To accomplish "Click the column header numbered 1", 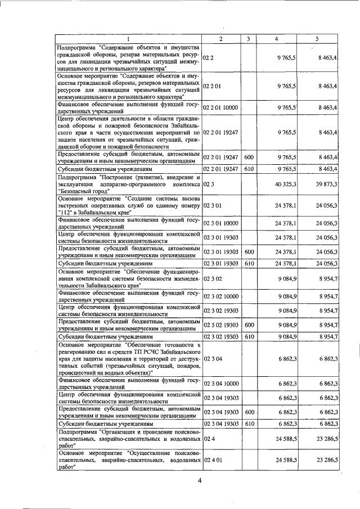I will coord(129,38).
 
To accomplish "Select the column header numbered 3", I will coord(248,38).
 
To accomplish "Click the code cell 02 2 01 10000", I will coord(220,107).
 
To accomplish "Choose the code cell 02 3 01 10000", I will coord(220,223).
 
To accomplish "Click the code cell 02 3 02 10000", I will coord(220,296).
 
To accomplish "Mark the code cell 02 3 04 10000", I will coord(220,383).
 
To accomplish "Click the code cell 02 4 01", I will coord(212,460).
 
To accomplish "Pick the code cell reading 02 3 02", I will coord(212,277).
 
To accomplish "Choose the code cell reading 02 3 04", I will coord(212,358).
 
